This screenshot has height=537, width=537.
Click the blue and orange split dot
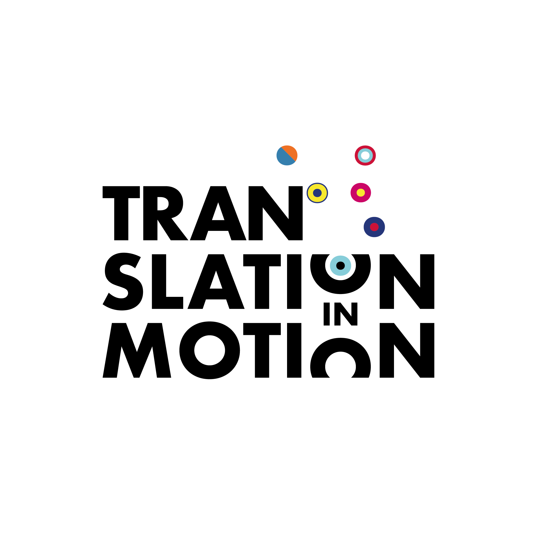click(x=287, y=155)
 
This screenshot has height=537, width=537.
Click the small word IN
click(x=340, y=314)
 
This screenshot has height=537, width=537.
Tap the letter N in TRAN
click(x=256, y=213)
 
